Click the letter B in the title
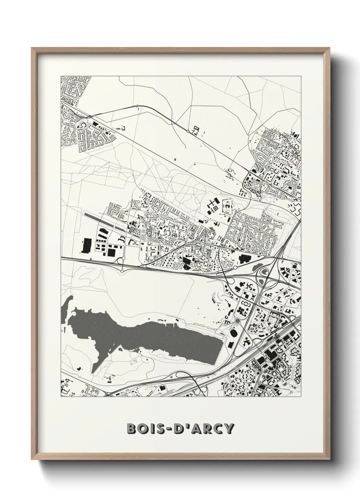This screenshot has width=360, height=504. click(x=131, y=429)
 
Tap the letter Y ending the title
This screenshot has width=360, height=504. click(x=229, y=429)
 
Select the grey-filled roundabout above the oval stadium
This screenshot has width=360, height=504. click(x=237, y=320)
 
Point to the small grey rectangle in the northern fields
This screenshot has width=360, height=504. click(x=175, y=159)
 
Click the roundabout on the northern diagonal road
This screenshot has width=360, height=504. click(x=187, y=130)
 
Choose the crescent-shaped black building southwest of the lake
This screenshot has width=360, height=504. click(x=79, y=368)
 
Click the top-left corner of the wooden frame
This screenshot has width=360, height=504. click(x=32, y=48)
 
